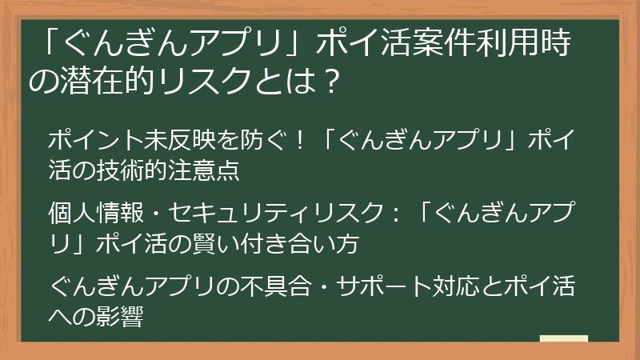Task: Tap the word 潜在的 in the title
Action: point(114,82)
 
